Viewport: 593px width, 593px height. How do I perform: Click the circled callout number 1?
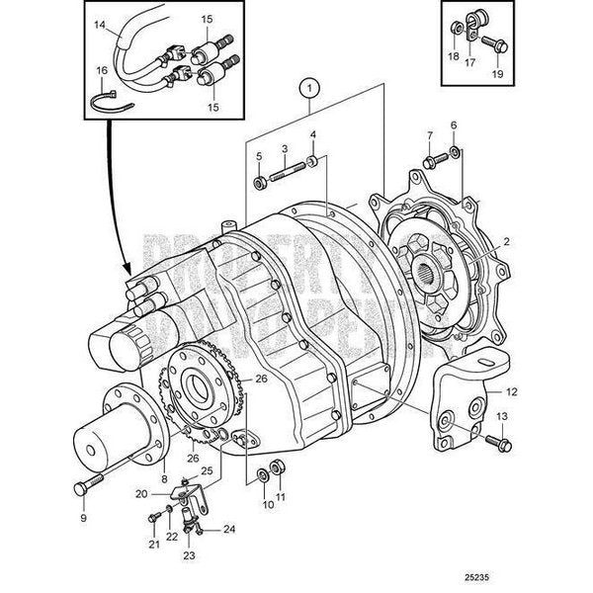(x=309, y=88)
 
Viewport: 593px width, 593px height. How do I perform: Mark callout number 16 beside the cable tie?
(x=101, y=71)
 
